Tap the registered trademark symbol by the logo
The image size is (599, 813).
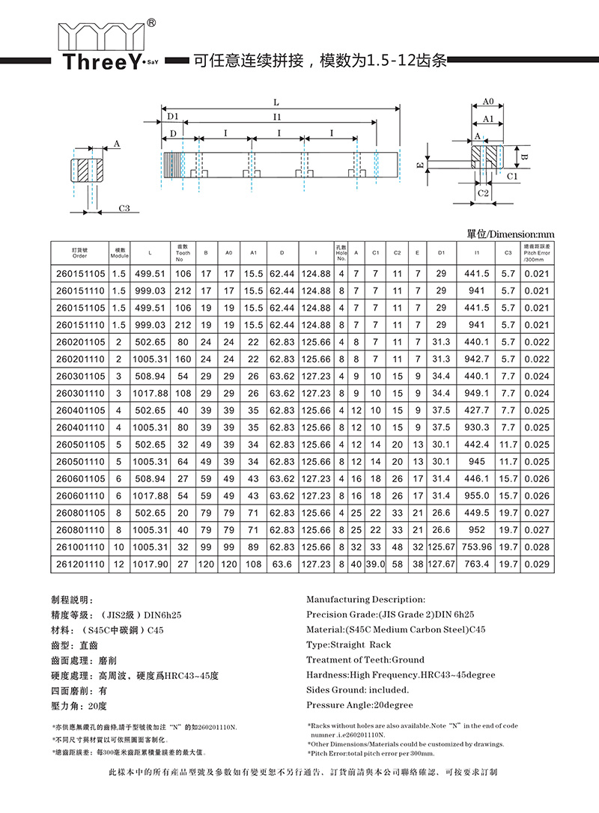(152, 23)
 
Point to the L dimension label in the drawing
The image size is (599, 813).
(277, 102)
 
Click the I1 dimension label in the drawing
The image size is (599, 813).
(277, 117)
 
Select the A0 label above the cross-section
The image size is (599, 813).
(487, 102)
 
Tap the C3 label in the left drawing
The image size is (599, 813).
(124, 208)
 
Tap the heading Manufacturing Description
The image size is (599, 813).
(365, 599)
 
